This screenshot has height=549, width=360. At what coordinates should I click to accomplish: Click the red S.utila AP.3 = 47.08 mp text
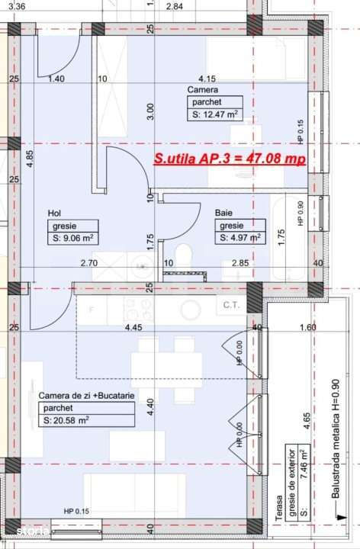[x=230, y=159]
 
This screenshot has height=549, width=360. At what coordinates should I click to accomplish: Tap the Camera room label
[x=203, y=90]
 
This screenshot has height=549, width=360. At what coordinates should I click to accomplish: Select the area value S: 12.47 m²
[x=215, y=114]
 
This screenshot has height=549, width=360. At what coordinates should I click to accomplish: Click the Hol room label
[x=54, y=213]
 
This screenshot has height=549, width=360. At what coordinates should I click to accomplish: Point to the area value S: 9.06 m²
[x=73, y=239]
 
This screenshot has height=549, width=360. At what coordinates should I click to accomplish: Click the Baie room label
[x=223, y=213]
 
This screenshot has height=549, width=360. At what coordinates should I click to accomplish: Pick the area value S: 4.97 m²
[x=240, y=238]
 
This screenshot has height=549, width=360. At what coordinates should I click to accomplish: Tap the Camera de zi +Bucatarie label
[x=86, y=396]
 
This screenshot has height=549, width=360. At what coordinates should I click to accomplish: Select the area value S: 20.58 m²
[x=66, y=420]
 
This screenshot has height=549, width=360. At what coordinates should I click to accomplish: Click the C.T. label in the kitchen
[x=231, y=305]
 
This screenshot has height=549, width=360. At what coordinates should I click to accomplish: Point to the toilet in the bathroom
[x=184, y=258]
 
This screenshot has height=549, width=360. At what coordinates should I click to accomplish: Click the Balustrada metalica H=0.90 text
[x=336, y=438]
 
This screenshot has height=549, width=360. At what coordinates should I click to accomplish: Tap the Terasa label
[x=278, y=508]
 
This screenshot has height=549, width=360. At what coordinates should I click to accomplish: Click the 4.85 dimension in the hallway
[x=30, y=159]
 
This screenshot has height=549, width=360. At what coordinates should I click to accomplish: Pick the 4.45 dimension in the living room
[x=133, y=327]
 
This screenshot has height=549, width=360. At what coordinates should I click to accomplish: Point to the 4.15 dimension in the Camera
[x=207, y=79]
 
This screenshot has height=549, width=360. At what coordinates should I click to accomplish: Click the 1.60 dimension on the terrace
[x=308, y=327]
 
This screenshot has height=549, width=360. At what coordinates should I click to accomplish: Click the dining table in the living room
[x=166, y=370]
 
